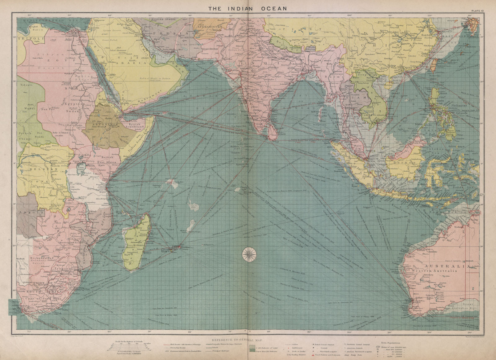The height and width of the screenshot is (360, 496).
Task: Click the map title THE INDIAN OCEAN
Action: [247, 9]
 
